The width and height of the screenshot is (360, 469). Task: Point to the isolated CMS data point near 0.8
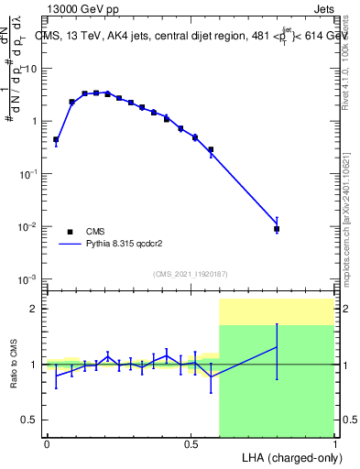(277, 229)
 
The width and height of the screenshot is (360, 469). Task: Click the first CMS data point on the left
(56, 140)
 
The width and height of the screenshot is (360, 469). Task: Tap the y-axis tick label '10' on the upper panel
(35, 69)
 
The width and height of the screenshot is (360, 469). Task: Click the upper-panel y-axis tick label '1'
(38, 121)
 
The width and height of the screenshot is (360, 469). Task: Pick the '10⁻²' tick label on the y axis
(31, 225)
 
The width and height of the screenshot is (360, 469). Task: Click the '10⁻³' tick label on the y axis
(31, 278)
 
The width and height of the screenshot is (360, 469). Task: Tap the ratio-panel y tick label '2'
(38, 309)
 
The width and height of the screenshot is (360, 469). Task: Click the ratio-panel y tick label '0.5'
(33, 420)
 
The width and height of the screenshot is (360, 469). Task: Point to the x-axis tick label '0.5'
(191, 443)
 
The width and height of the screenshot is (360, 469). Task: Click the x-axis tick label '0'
(47, 443)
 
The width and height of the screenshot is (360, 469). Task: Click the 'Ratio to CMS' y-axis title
(14, 365)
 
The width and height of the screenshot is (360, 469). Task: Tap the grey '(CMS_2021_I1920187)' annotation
(190, 274)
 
